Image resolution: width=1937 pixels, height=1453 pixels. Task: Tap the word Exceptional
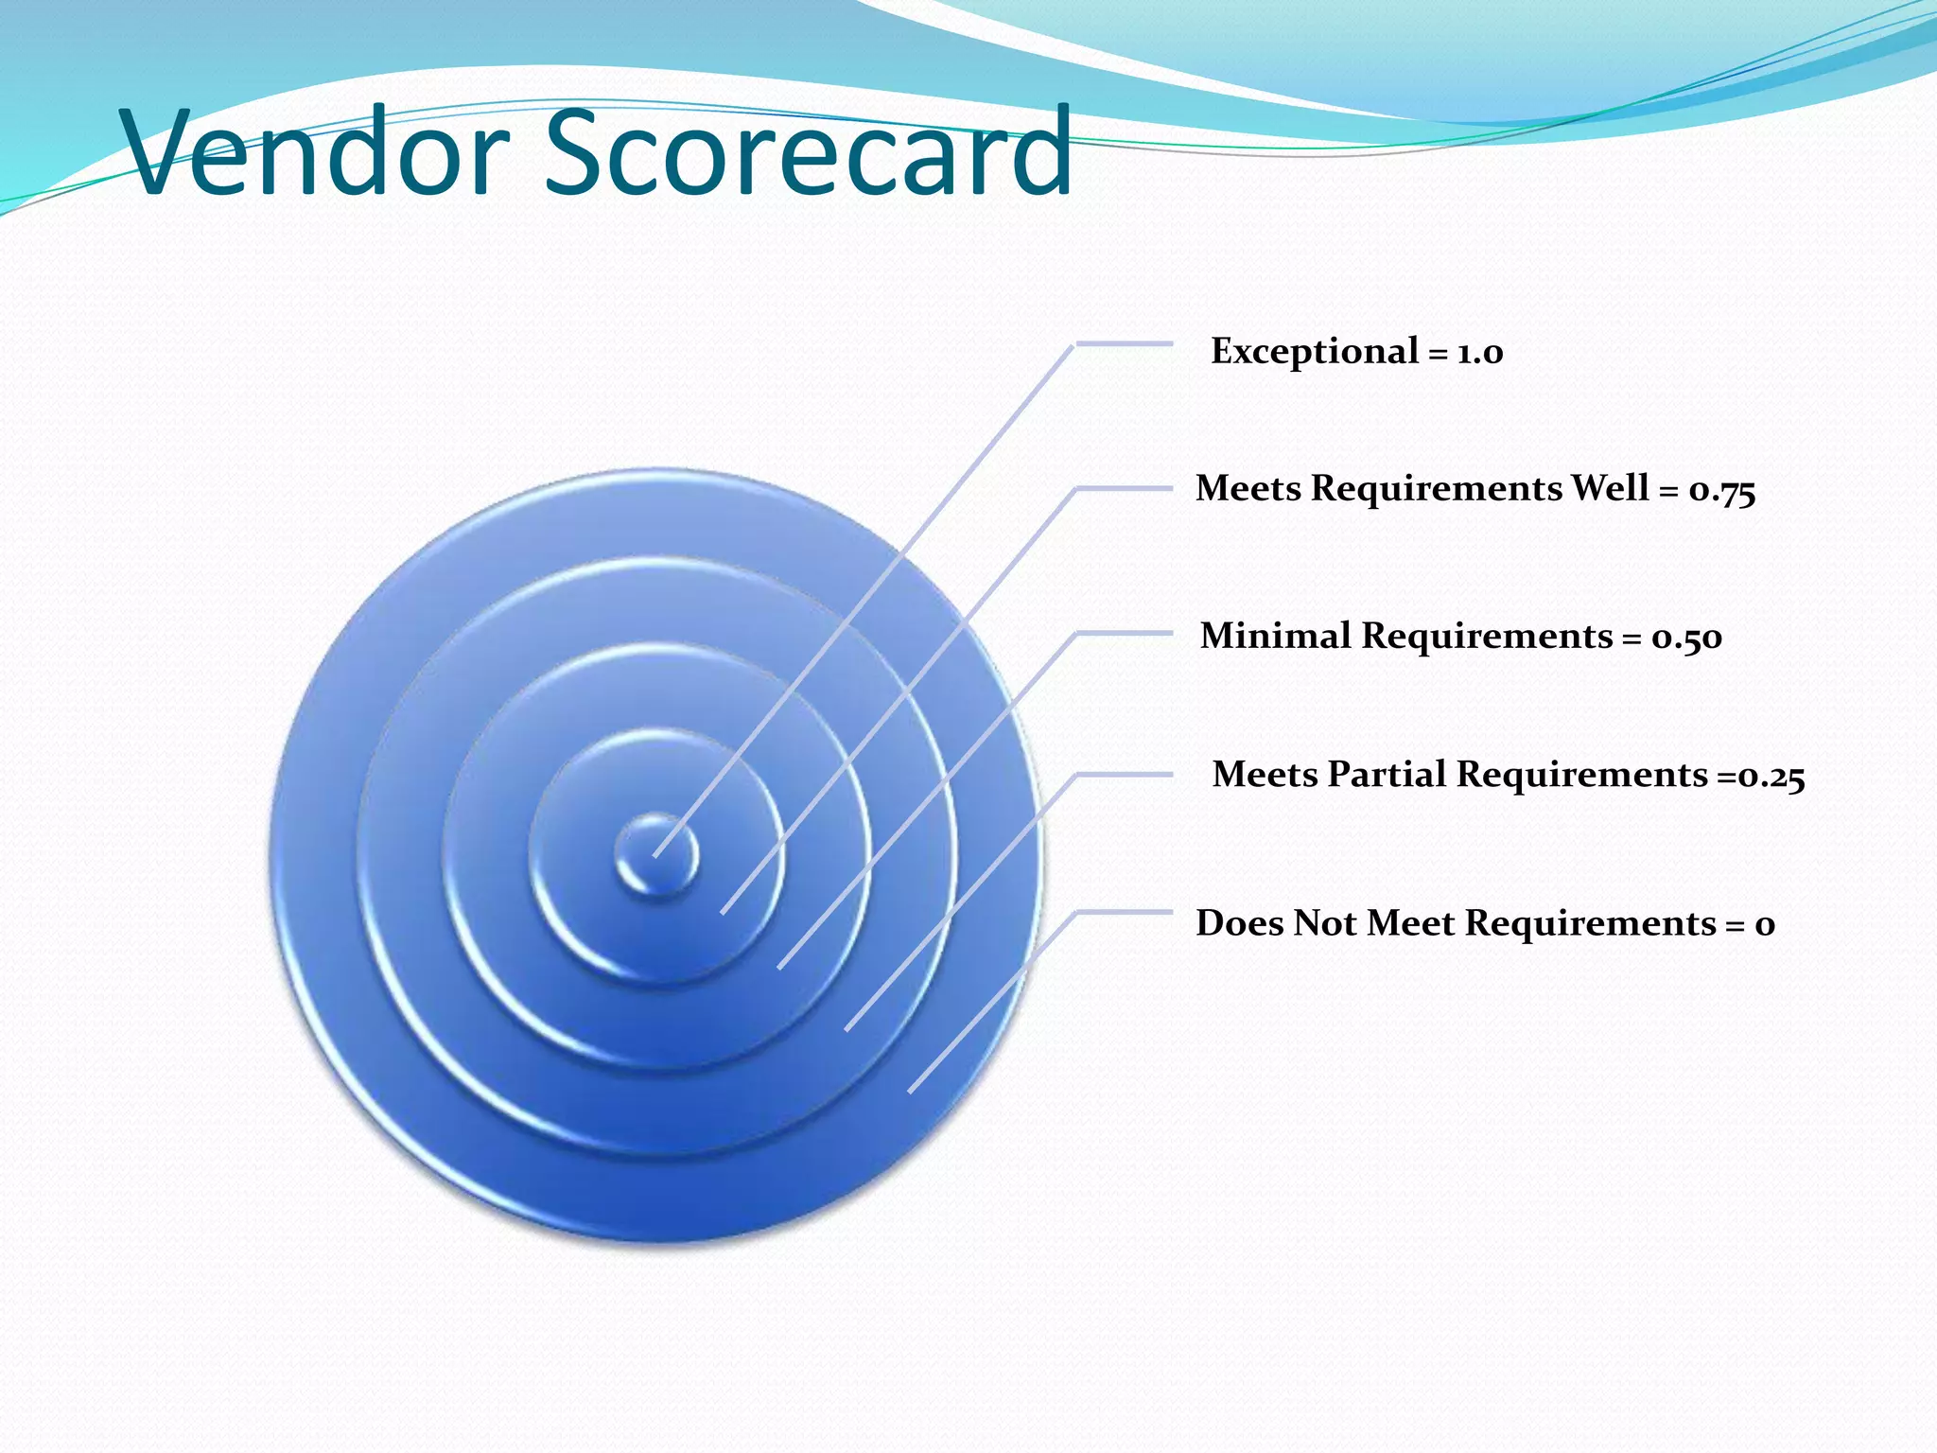click(x=1315, y=352)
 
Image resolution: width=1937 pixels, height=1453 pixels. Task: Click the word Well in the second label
click(x=1610, y=488)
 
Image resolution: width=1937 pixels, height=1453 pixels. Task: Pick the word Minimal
click(x=1276, y=636)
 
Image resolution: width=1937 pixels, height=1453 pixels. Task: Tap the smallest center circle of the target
click(x=656, y=854)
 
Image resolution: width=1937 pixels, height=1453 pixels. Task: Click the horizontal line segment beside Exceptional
click(x=1125, y=344)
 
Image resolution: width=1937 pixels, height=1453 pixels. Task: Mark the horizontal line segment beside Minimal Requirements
click(x=1125, y=633)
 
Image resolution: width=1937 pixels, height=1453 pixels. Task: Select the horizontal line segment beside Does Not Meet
click(x=1125, y=912)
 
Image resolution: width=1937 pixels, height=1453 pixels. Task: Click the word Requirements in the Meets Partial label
click(x=1582, y=775)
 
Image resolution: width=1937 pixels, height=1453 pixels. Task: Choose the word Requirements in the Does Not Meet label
click(x=1590, y=923)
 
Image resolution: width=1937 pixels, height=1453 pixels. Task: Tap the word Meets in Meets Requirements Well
click(x=1248, y=488)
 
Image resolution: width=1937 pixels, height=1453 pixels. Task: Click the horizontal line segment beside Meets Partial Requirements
click(x=1125, y=775)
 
